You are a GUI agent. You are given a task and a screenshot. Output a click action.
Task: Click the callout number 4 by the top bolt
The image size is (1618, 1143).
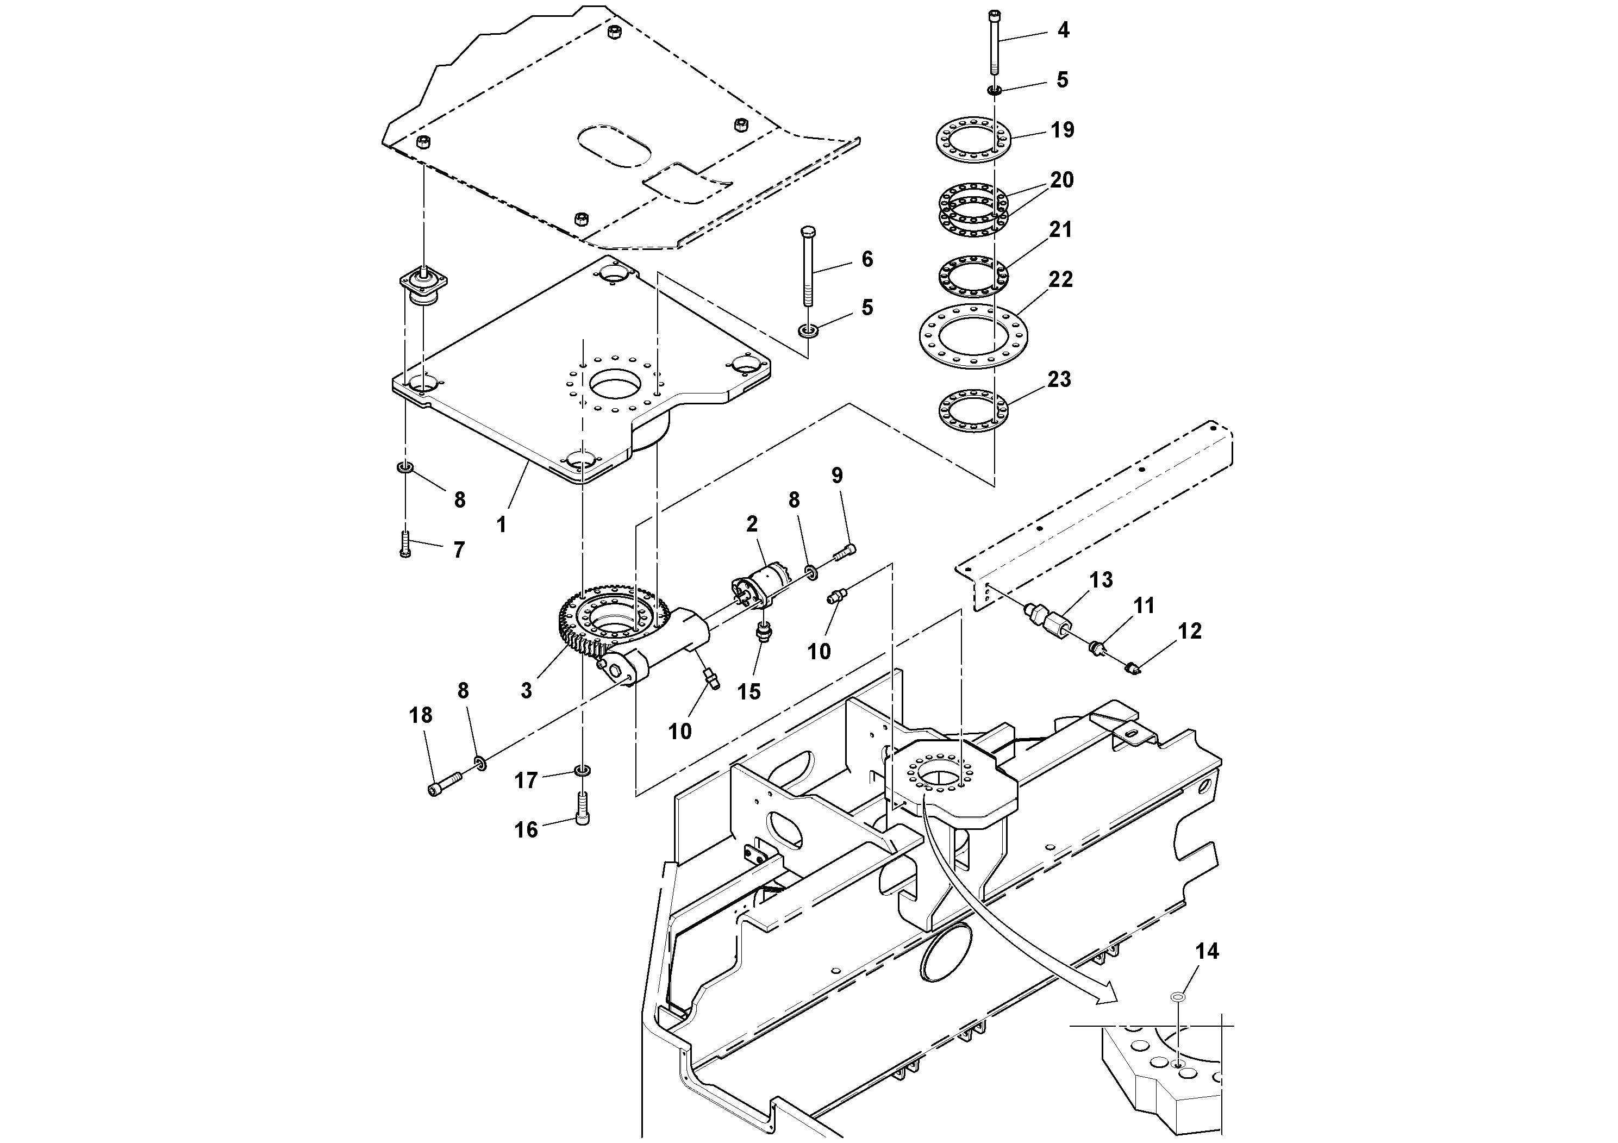point(1064,30)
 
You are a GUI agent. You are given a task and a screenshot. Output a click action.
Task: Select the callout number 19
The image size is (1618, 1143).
point(1063,130)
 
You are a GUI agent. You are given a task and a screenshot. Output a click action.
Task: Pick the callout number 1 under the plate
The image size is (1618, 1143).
point(501,525)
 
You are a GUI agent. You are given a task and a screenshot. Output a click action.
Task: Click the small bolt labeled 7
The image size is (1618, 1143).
point(404,544)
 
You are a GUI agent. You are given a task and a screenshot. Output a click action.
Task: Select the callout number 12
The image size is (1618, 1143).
point(1190,632)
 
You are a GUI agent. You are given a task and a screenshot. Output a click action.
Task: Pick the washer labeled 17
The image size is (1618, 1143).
point(582,770)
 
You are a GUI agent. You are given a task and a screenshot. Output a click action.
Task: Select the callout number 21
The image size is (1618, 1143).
point(1060,230)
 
